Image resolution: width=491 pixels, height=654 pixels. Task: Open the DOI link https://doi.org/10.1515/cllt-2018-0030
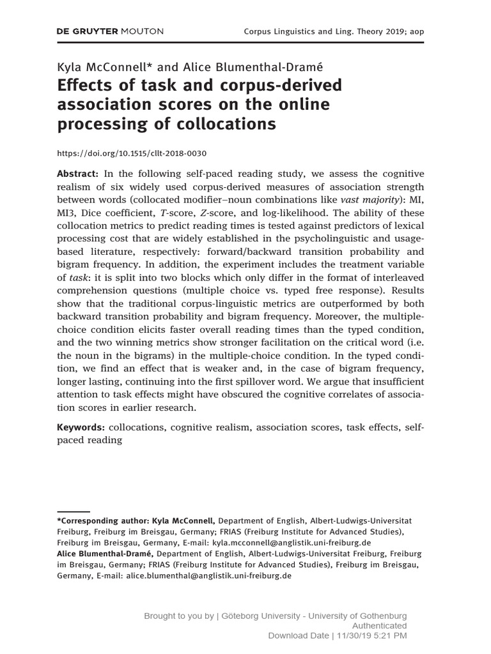point(132,154)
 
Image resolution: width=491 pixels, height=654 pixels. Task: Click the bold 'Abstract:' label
point(78,174)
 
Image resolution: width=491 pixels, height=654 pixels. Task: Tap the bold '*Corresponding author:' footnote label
point(105,521)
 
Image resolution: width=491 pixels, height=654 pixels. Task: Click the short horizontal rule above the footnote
point(73,511)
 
